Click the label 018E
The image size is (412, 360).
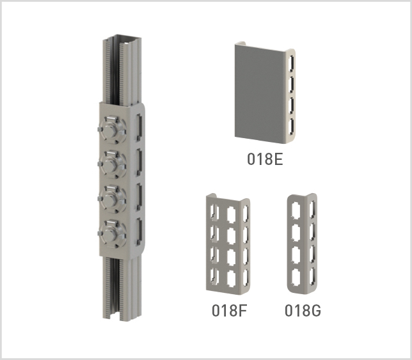(x=265, y=159)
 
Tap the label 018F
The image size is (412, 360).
(x=230, y=311)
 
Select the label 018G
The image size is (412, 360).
(x=303, y=311)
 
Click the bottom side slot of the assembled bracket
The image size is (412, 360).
(x=139, y=231)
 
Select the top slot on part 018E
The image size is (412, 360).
(x=290, y=63)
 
